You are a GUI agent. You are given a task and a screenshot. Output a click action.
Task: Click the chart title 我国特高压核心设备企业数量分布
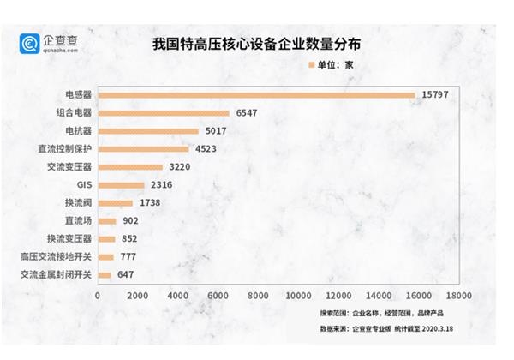[257, 42]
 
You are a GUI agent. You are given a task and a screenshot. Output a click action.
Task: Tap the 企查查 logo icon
[32, 43]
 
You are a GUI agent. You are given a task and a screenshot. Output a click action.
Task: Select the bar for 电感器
[256, 94]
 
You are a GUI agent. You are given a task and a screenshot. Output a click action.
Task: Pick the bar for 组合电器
[164, 112]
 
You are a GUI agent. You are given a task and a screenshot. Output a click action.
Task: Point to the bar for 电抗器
[148, 130]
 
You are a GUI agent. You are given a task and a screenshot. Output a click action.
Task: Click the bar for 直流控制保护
[143, 148]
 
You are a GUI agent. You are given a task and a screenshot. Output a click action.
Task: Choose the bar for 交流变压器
[130, 166]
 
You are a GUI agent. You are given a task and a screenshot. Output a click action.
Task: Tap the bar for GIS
[121, 184]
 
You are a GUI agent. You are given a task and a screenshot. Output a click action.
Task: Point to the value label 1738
[150, 203]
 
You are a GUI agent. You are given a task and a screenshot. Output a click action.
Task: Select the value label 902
[130, 221]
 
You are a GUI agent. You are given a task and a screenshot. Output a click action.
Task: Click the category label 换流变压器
[69, 239]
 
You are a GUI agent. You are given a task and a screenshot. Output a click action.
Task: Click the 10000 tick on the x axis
[298, 296]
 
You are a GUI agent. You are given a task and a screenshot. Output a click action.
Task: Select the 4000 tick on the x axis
[178, 296]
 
